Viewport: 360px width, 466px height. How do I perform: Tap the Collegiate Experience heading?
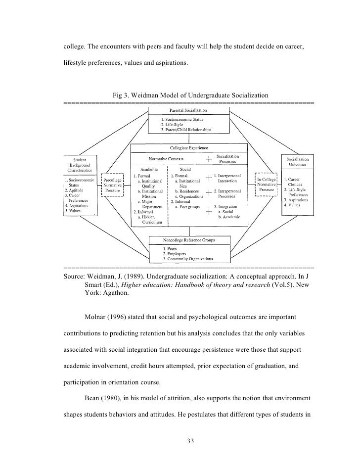pyautogui.click(x=188, y=147)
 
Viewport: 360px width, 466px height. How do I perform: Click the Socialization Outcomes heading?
pyautogui.click(x=296, y=162)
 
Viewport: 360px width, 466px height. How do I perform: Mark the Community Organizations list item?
pyautogui.click(x=190, y=258)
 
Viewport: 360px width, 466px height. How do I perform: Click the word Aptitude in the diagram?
pyautogui.click(x=75, y=190)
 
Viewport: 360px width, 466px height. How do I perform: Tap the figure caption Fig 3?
pyautogui.click(x=190, y=94)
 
